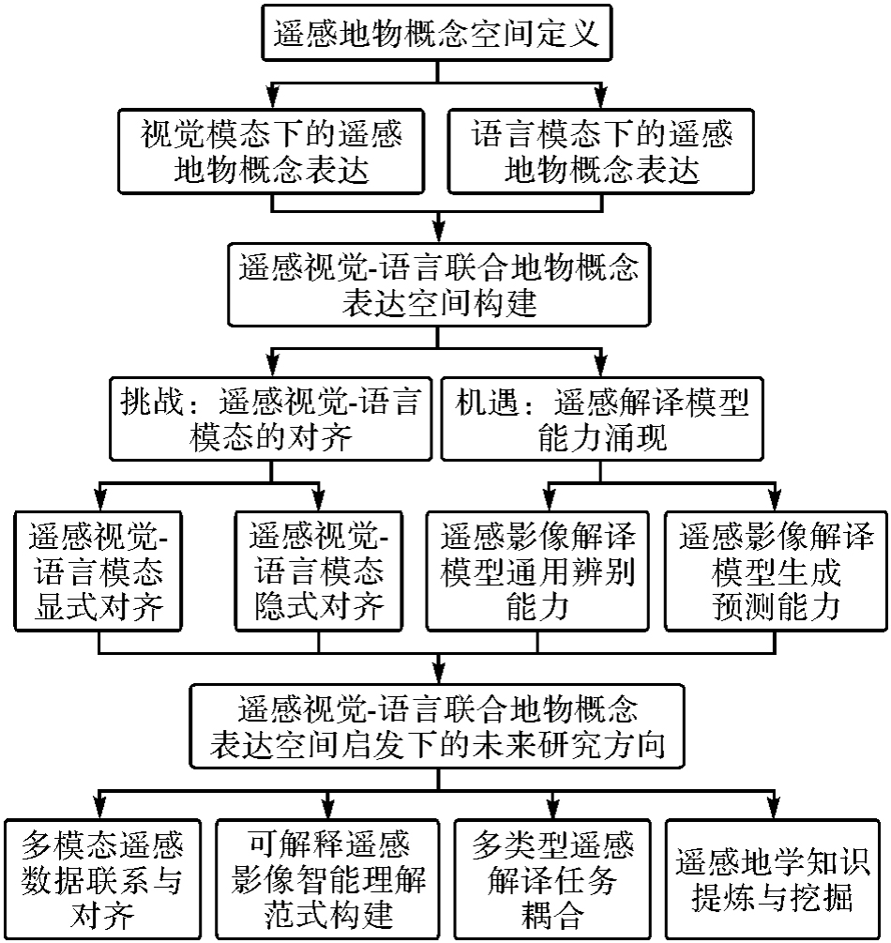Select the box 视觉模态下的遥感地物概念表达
click(271, 152)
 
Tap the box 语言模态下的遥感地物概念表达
click(600, 152)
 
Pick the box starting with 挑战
click(270, 418)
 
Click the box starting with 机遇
click(601, 418)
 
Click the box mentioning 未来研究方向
click(437, 726)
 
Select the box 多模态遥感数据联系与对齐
click(101, 878)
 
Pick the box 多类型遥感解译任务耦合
click(549, 878)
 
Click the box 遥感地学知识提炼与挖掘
click(774, 878)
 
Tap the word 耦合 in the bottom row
click(549, 912)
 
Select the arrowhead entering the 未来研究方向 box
click(437, 674)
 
